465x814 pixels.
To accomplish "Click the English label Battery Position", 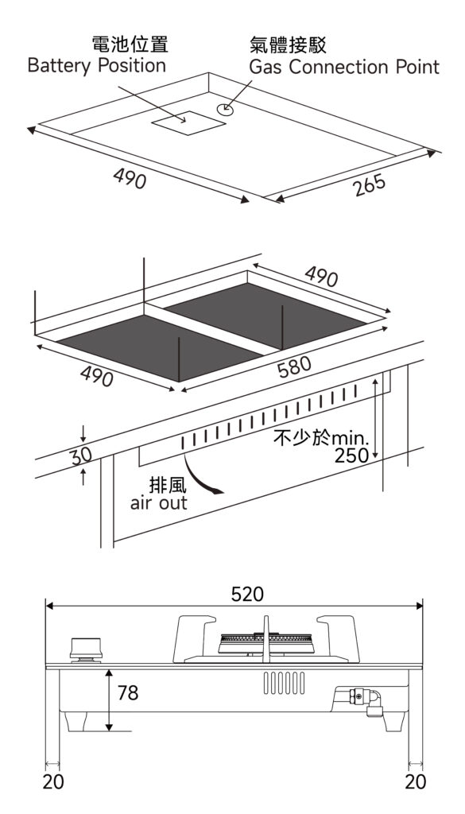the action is pos(96,67).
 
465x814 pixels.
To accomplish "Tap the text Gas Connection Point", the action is pos(344,67).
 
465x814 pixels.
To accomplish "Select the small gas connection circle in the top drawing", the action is pos(225,108).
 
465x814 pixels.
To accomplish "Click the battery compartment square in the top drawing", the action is pos(189,123).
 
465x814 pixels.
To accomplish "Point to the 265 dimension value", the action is pos(370,185).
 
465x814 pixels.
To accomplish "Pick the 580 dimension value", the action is pos(294,367).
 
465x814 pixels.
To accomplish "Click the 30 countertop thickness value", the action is pos(81,456).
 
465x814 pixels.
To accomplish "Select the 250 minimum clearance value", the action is pos(351,455).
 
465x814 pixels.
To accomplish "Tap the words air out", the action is pos(158,503).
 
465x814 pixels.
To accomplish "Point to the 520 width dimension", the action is pos(247,595).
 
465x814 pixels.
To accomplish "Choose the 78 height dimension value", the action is pos(128,692).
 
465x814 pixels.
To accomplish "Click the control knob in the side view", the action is pos(86,650).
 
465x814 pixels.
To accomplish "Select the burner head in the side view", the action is pos(266,643).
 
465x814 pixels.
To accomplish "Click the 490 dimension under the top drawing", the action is pos(130,180).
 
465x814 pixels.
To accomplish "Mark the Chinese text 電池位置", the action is pos(130,45).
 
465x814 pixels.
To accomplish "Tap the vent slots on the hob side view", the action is pos(284,683).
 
